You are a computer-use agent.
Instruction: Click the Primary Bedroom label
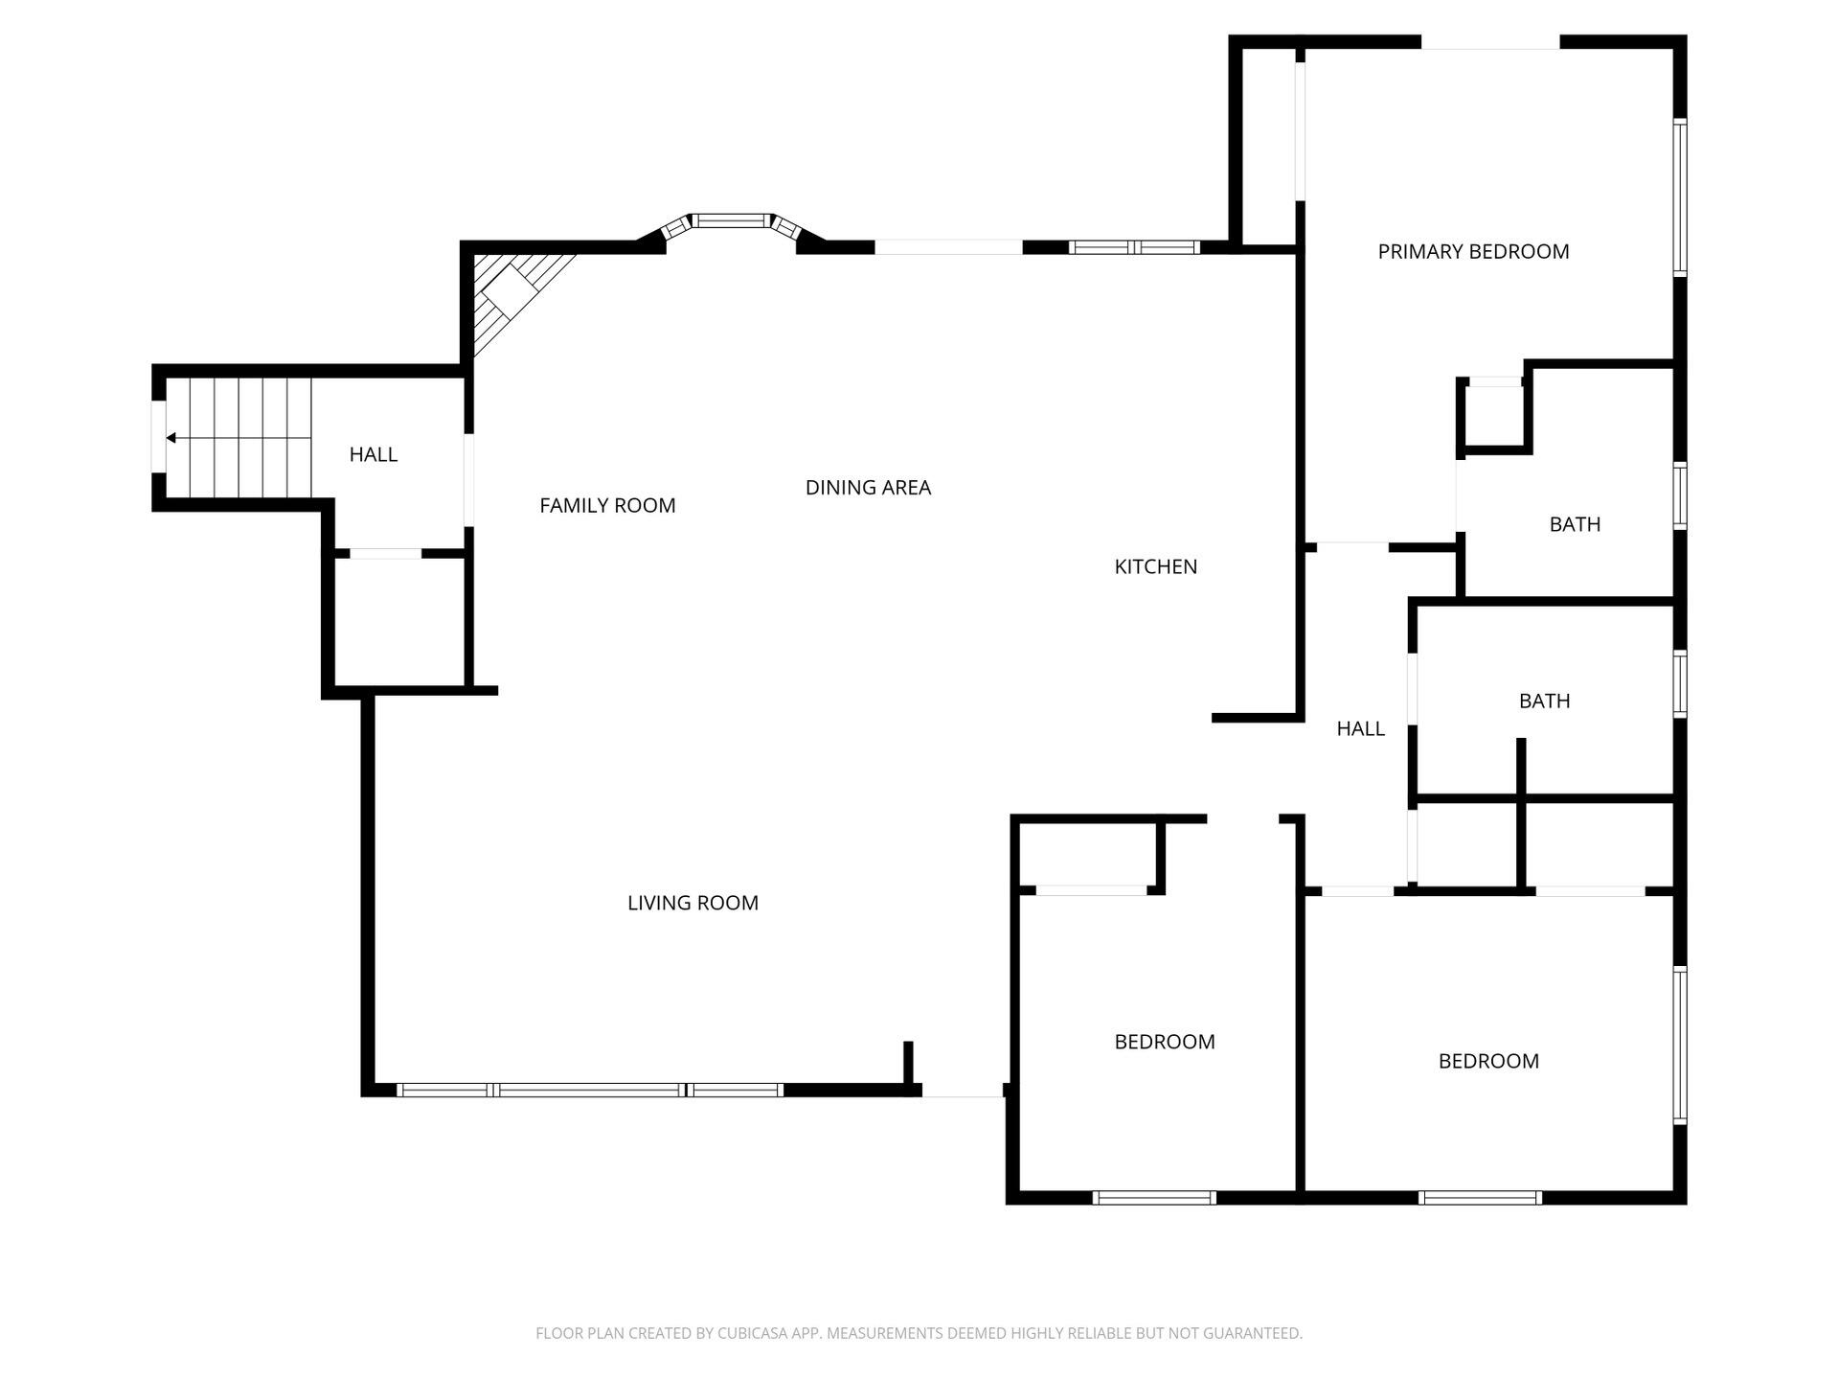(x=1473, y=252)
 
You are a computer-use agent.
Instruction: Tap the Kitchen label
(x=1155, y=566)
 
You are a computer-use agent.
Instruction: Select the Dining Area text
(x=868, y=488)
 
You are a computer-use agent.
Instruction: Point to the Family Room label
(x=607, y=505)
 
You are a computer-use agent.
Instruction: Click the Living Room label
(x=692, y=903)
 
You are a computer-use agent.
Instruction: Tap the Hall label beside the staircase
(x=373, y=454)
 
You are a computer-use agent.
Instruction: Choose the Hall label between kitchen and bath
(x=1360, y=728)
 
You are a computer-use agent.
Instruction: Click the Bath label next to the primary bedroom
(x=1575, y=524)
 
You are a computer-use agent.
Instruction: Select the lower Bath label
(x=1544, y=701)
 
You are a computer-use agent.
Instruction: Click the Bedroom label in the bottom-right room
(x=1488, y=1061)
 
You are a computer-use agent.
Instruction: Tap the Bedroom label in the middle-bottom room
(x=1164, y=1042)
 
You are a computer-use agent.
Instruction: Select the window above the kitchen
(x=1134, y=247)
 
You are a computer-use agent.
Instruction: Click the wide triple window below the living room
(x=590, y=1090)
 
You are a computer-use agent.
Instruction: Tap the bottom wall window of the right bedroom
(x=1480, y=1197)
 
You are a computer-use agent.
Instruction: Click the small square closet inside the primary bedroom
(x=1494, y=415)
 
